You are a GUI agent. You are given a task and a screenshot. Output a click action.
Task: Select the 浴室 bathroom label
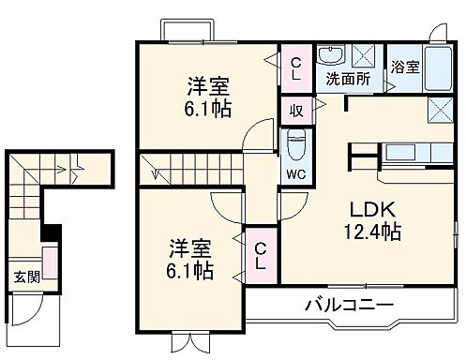[405, 68]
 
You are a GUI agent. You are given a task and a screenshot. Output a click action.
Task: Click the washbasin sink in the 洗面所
[331, 56]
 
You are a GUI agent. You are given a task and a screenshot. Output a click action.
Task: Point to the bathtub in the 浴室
[438, 67]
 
